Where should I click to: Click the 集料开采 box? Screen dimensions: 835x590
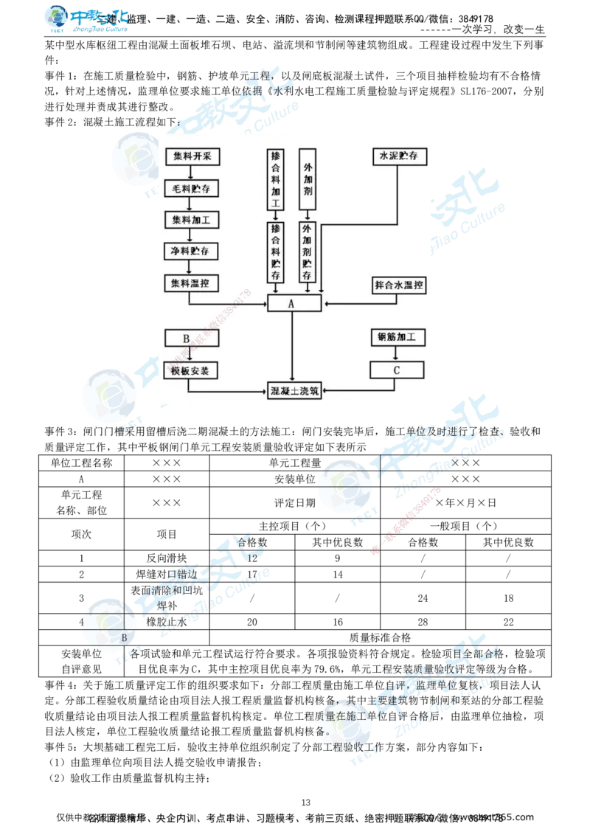tap(191, 157)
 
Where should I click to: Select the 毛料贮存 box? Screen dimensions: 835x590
tap(191, 189)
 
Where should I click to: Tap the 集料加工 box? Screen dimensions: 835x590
tap(191, 221)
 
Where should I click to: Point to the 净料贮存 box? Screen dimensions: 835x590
tap(191, 252)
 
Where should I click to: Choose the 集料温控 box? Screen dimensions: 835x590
tap(191, 283)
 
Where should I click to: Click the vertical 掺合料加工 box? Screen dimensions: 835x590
tap(276, 181)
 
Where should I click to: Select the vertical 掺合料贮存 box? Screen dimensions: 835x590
tap(276, 252)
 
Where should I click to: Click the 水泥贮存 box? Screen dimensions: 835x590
tap(398, 157)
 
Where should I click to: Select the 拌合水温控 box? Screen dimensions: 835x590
tap(398, 284)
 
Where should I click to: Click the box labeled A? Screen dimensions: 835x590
tap(294, 302)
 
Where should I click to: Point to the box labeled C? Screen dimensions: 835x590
tap(397, 370)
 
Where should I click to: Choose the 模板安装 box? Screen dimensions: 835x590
tap(191, 370)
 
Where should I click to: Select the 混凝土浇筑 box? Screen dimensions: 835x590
tap(294, 392)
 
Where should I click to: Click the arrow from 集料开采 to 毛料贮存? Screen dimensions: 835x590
tap(191, 173)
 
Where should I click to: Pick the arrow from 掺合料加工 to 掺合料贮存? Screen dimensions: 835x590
tap(276, 216)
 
